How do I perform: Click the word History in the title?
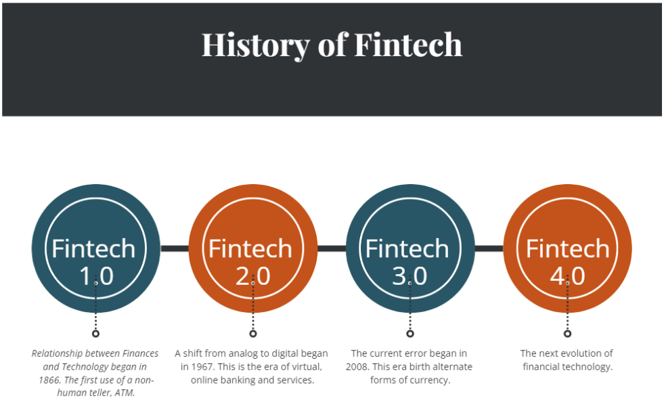(255, 45)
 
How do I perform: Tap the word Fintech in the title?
(408, 44)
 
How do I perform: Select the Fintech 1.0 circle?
(96, 248)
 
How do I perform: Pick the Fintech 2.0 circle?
(253, 248)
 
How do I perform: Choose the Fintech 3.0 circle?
(410, 248)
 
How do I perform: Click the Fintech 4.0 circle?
(567, 248)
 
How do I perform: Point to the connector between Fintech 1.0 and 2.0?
(175, 248)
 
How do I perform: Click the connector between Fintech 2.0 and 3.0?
(332, 248)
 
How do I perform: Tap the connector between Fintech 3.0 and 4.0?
(489, 248)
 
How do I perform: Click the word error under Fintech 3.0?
(409, 353)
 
